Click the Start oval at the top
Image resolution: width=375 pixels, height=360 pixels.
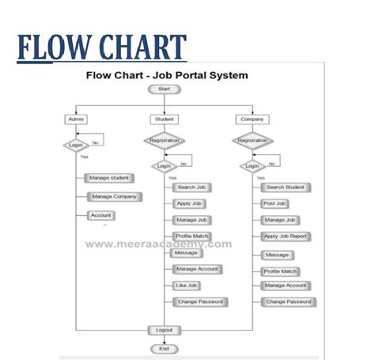click(x=165, y=89)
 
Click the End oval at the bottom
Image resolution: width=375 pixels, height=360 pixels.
click(x=165, y=348)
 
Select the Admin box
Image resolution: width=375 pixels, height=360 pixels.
click(x=77, y=119)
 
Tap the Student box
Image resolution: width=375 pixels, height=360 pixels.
click(x=164, y=119)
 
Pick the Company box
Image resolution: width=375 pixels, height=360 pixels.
click(x=252, y=119)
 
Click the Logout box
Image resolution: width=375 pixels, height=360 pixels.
click(x=165, y=329)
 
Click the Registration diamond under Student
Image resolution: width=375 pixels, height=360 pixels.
click(x=164, y=140)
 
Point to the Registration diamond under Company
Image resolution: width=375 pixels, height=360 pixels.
click(x=252, y=140)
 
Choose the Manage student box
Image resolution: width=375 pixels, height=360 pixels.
click(x=109, y=178)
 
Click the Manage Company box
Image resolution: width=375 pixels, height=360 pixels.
click(x=113, y=196)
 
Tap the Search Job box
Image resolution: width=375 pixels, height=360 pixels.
click(x=191, y=188)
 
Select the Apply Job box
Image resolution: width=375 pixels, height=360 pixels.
click(x=189, y=203)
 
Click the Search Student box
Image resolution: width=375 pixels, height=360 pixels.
click(x=286, y=188)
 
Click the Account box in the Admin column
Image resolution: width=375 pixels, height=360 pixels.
click(x=100, y=215)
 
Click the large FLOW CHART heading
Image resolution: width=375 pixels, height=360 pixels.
click(x=102, y=47)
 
